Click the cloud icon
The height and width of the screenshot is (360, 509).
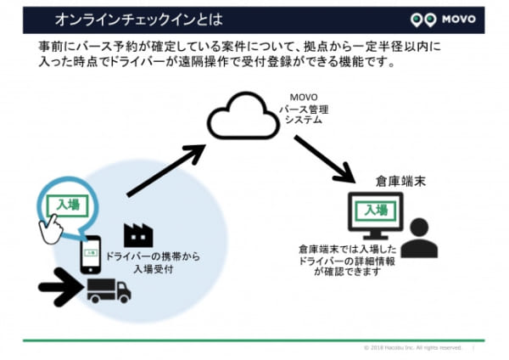[x=242, y=117]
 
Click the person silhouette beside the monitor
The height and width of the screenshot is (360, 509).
[x=418, y=239]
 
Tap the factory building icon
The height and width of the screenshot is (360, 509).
[x=138, y=234]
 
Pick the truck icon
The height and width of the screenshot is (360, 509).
[x=109, y=290]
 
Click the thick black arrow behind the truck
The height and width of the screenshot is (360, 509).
[x=59, y=290]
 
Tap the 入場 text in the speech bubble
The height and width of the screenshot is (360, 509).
[x=65, y=205]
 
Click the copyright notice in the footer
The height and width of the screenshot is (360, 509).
[x=412, y=347]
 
